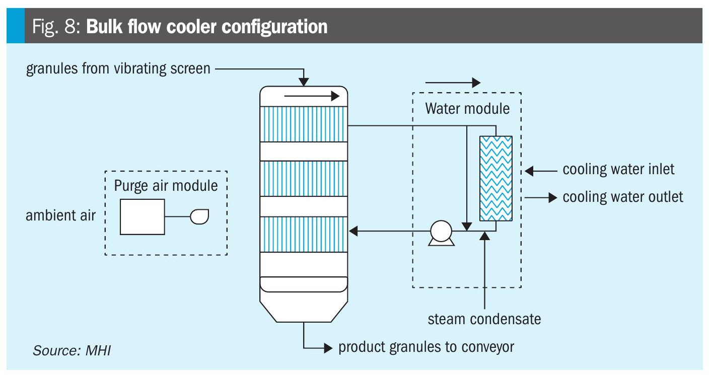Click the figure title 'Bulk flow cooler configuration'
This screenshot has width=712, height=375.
pyautogui.click(x=206, y=26)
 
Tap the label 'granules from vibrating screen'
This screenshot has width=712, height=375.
pyautogui.click(x=118, y=68)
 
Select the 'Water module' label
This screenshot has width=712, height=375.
pyautogui.click(x=467, y=108)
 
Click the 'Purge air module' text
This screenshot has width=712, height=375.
pyautogui.click(x=166, y=185)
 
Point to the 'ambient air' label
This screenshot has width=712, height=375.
pyautogui.click(x=61, y=216)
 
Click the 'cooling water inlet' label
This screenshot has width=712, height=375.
pyautogui.click(x=618, y=169)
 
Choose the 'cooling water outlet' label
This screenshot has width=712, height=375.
pyautogui.click(x=623, y=196)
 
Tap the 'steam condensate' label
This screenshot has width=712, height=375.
pyautogui.click(x=484, y=319)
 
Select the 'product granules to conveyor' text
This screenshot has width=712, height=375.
pyautogui.click(x=426, y=347)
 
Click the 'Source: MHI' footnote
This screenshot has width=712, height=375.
pyautogui.click(x=72, y=350)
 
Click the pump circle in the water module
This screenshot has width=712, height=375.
pyautogui.click(x=441, y=232)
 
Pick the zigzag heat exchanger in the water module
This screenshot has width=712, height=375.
pyautogui.click(x=496, y=178)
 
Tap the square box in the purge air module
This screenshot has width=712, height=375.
pyautogui.click(x=142, y=216)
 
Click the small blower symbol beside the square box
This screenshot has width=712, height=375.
pyautogui.click(x=199, y=216)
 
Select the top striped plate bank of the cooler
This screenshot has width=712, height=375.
pyautogui.click(x=304, y=124)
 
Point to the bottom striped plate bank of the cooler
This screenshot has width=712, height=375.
pyautogui.click(x=304, y=235)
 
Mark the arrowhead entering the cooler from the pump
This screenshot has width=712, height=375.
pyautogui.click(x=353, y=232)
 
